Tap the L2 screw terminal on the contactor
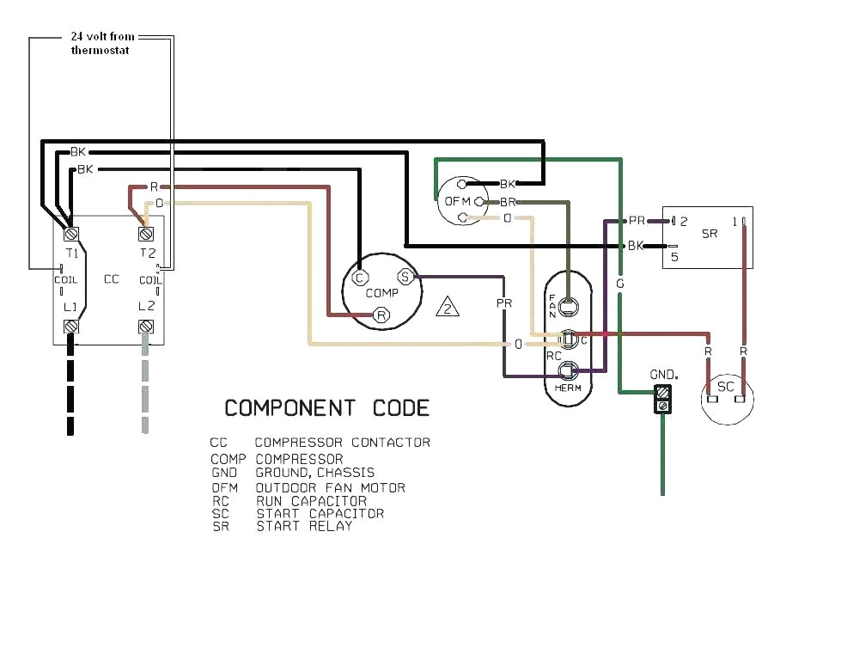(145, 327)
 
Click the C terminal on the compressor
(359, 277)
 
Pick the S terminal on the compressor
(405, 277)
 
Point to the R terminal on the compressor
(381, 316)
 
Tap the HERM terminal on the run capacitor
(568, 370)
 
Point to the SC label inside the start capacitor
(726, 387)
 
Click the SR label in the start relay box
(710, 234)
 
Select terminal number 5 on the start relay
(674, 255)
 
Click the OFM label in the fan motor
(456, 201)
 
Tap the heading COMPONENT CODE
(326, 407)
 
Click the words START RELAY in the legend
(304, 526)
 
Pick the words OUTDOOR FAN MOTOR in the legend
(330, 487)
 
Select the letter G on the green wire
(619, 284)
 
